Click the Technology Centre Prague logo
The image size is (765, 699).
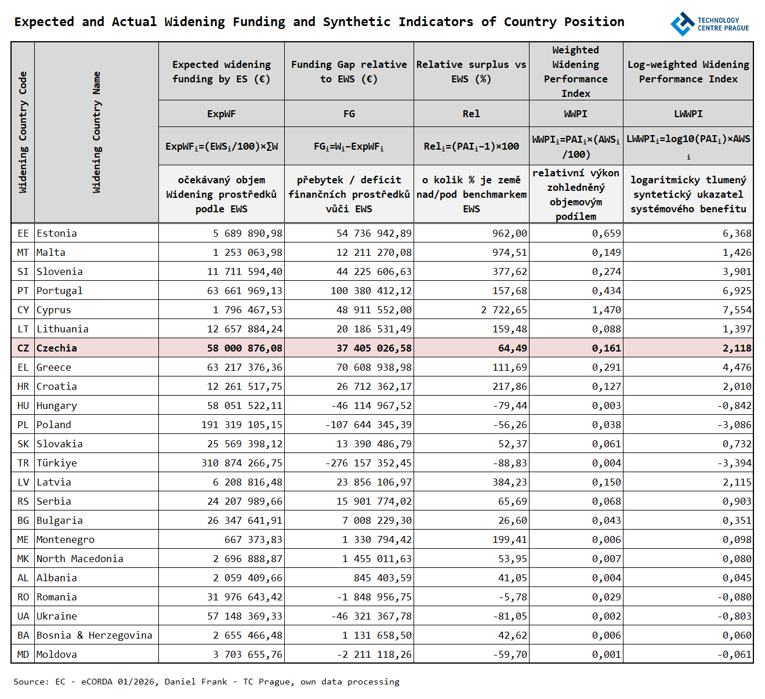709,24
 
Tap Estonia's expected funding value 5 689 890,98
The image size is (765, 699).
248,233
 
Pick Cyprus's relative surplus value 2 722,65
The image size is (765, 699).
503,310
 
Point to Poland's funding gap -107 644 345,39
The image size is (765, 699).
368,425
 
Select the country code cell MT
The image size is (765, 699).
23,252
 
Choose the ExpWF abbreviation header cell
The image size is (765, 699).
222,114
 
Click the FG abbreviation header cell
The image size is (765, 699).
349,114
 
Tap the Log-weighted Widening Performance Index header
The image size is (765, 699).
688,71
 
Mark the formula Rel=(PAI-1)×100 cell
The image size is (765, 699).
471,146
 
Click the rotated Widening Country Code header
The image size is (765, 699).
23,132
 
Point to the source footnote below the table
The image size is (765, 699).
206,682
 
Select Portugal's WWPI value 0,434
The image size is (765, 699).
606,291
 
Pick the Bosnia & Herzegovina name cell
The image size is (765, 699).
95,635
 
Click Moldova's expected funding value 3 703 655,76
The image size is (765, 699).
248,654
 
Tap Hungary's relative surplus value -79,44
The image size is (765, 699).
510,405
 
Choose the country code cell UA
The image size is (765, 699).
23,616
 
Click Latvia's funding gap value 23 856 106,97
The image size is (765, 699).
374,482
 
